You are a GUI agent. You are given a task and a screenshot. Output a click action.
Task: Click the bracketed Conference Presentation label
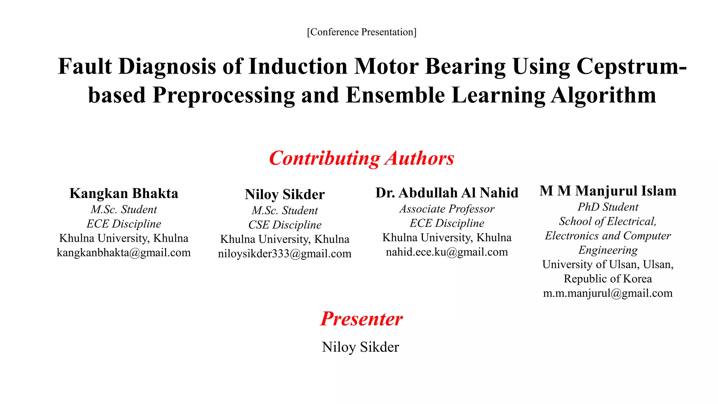point(361,32)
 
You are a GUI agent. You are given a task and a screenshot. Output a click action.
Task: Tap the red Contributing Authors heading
point(361,158)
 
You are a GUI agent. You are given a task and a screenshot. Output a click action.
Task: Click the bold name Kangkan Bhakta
point(124,193)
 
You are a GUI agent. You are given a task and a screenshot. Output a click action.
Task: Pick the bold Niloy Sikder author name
point(285,194)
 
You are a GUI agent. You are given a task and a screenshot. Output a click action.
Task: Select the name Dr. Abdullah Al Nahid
point(447,193)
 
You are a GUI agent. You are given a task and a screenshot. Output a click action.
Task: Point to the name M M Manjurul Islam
point(608,191)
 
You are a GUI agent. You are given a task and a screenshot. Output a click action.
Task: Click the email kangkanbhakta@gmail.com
point(124,252)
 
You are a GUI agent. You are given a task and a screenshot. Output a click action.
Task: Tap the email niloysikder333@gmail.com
point(285,254)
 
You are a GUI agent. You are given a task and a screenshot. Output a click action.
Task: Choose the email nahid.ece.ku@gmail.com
point(447,252)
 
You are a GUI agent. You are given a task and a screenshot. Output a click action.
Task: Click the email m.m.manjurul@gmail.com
point(608,293)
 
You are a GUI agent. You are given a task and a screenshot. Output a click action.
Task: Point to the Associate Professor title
point(447,209)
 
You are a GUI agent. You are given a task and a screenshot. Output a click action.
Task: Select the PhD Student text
point(608,207)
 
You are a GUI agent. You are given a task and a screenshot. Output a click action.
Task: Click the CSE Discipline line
point(285,225)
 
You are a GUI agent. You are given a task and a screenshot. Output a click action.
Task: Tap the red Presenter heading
point(361,319)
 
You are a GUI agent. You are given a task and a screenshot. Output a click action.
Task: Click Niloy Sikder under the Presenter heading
point(360,347)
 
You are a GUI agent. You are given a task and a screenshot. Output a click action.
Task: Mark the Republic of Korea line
point(608,279)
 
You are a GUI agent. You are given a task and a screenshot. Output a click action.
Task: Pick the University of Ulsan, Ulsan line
point(608,264)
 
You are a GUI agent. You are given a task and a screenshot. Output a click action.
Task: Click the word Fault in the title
point(85,66)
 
